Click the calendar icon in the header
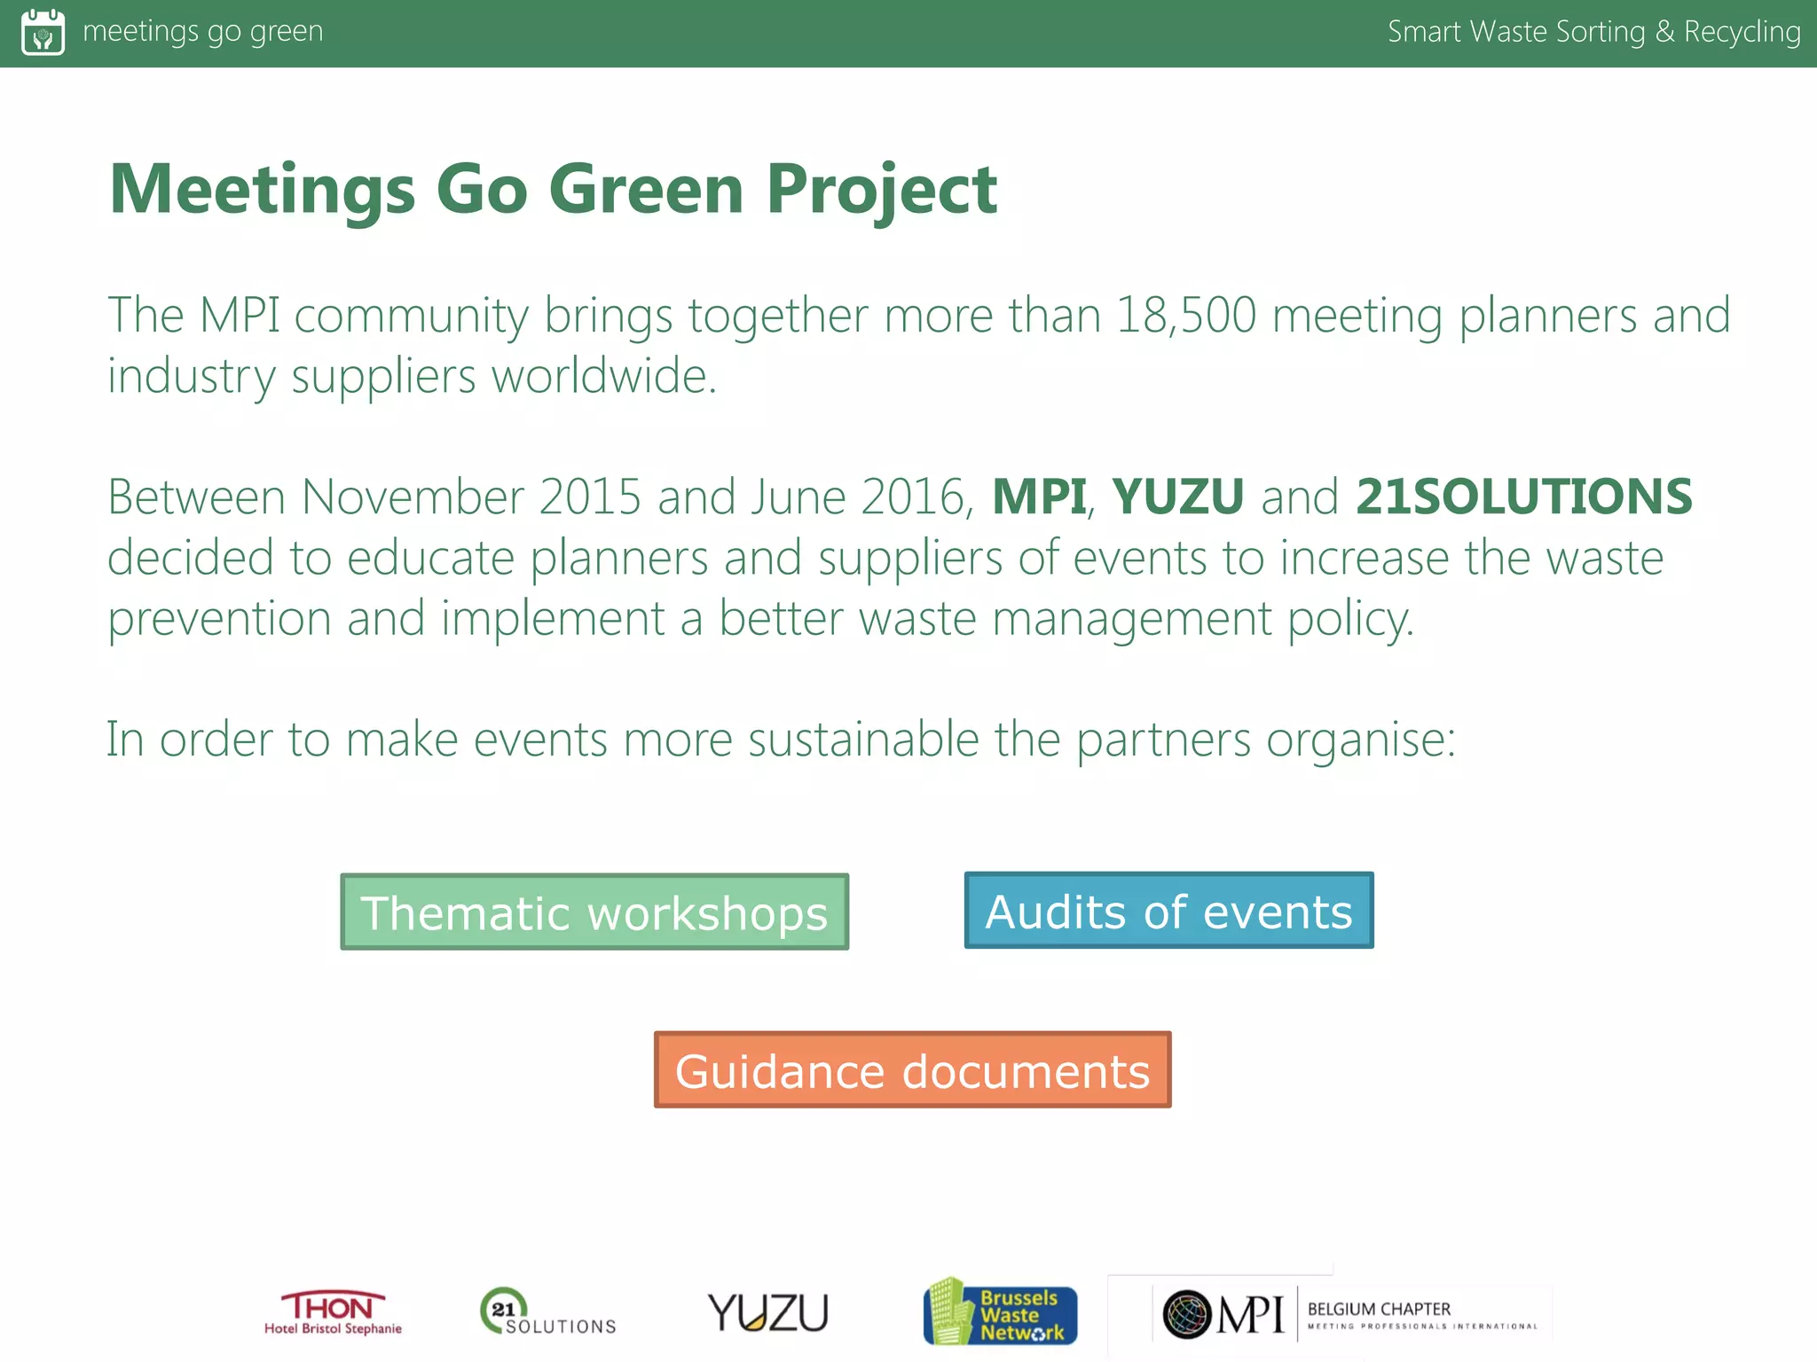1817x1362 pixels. tap(43, 32)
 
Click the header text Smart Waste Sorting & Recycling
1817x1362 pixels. tap(1593, 32)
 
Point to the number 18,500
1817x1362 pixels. tap(1185, 316)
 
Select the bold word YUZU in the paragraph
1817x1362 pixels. tap(1177, 497)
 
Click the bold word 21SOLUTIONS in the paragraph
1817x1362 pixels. tap(1523, 497)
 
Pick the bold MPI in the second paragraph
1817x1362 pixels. tap(1038, 497)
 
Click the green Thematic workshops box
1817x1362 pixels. tap(594, 912)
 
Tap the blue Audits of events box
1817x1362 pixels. tap(1168, 911)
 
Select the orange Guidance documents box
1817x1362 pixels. tap(912, 1069)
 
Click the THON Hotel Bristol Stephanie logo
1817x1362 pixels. tap(333, 1312)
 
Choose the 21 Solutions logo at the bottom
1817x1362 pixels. tap(547, 1312)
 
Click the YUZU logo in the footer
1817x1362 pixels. tap(768, 1312)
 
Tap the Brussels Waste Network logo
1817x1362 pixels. tap(1000, 1312)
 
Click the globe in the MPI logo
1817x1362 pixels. tap(1187, 1313)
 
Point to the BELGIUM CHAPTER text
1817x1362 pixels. tap(1379, 1309)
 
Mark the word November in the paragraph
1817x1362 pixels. tap(413, 497)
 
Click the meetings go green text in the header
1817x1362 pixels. tap(202, 32)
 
